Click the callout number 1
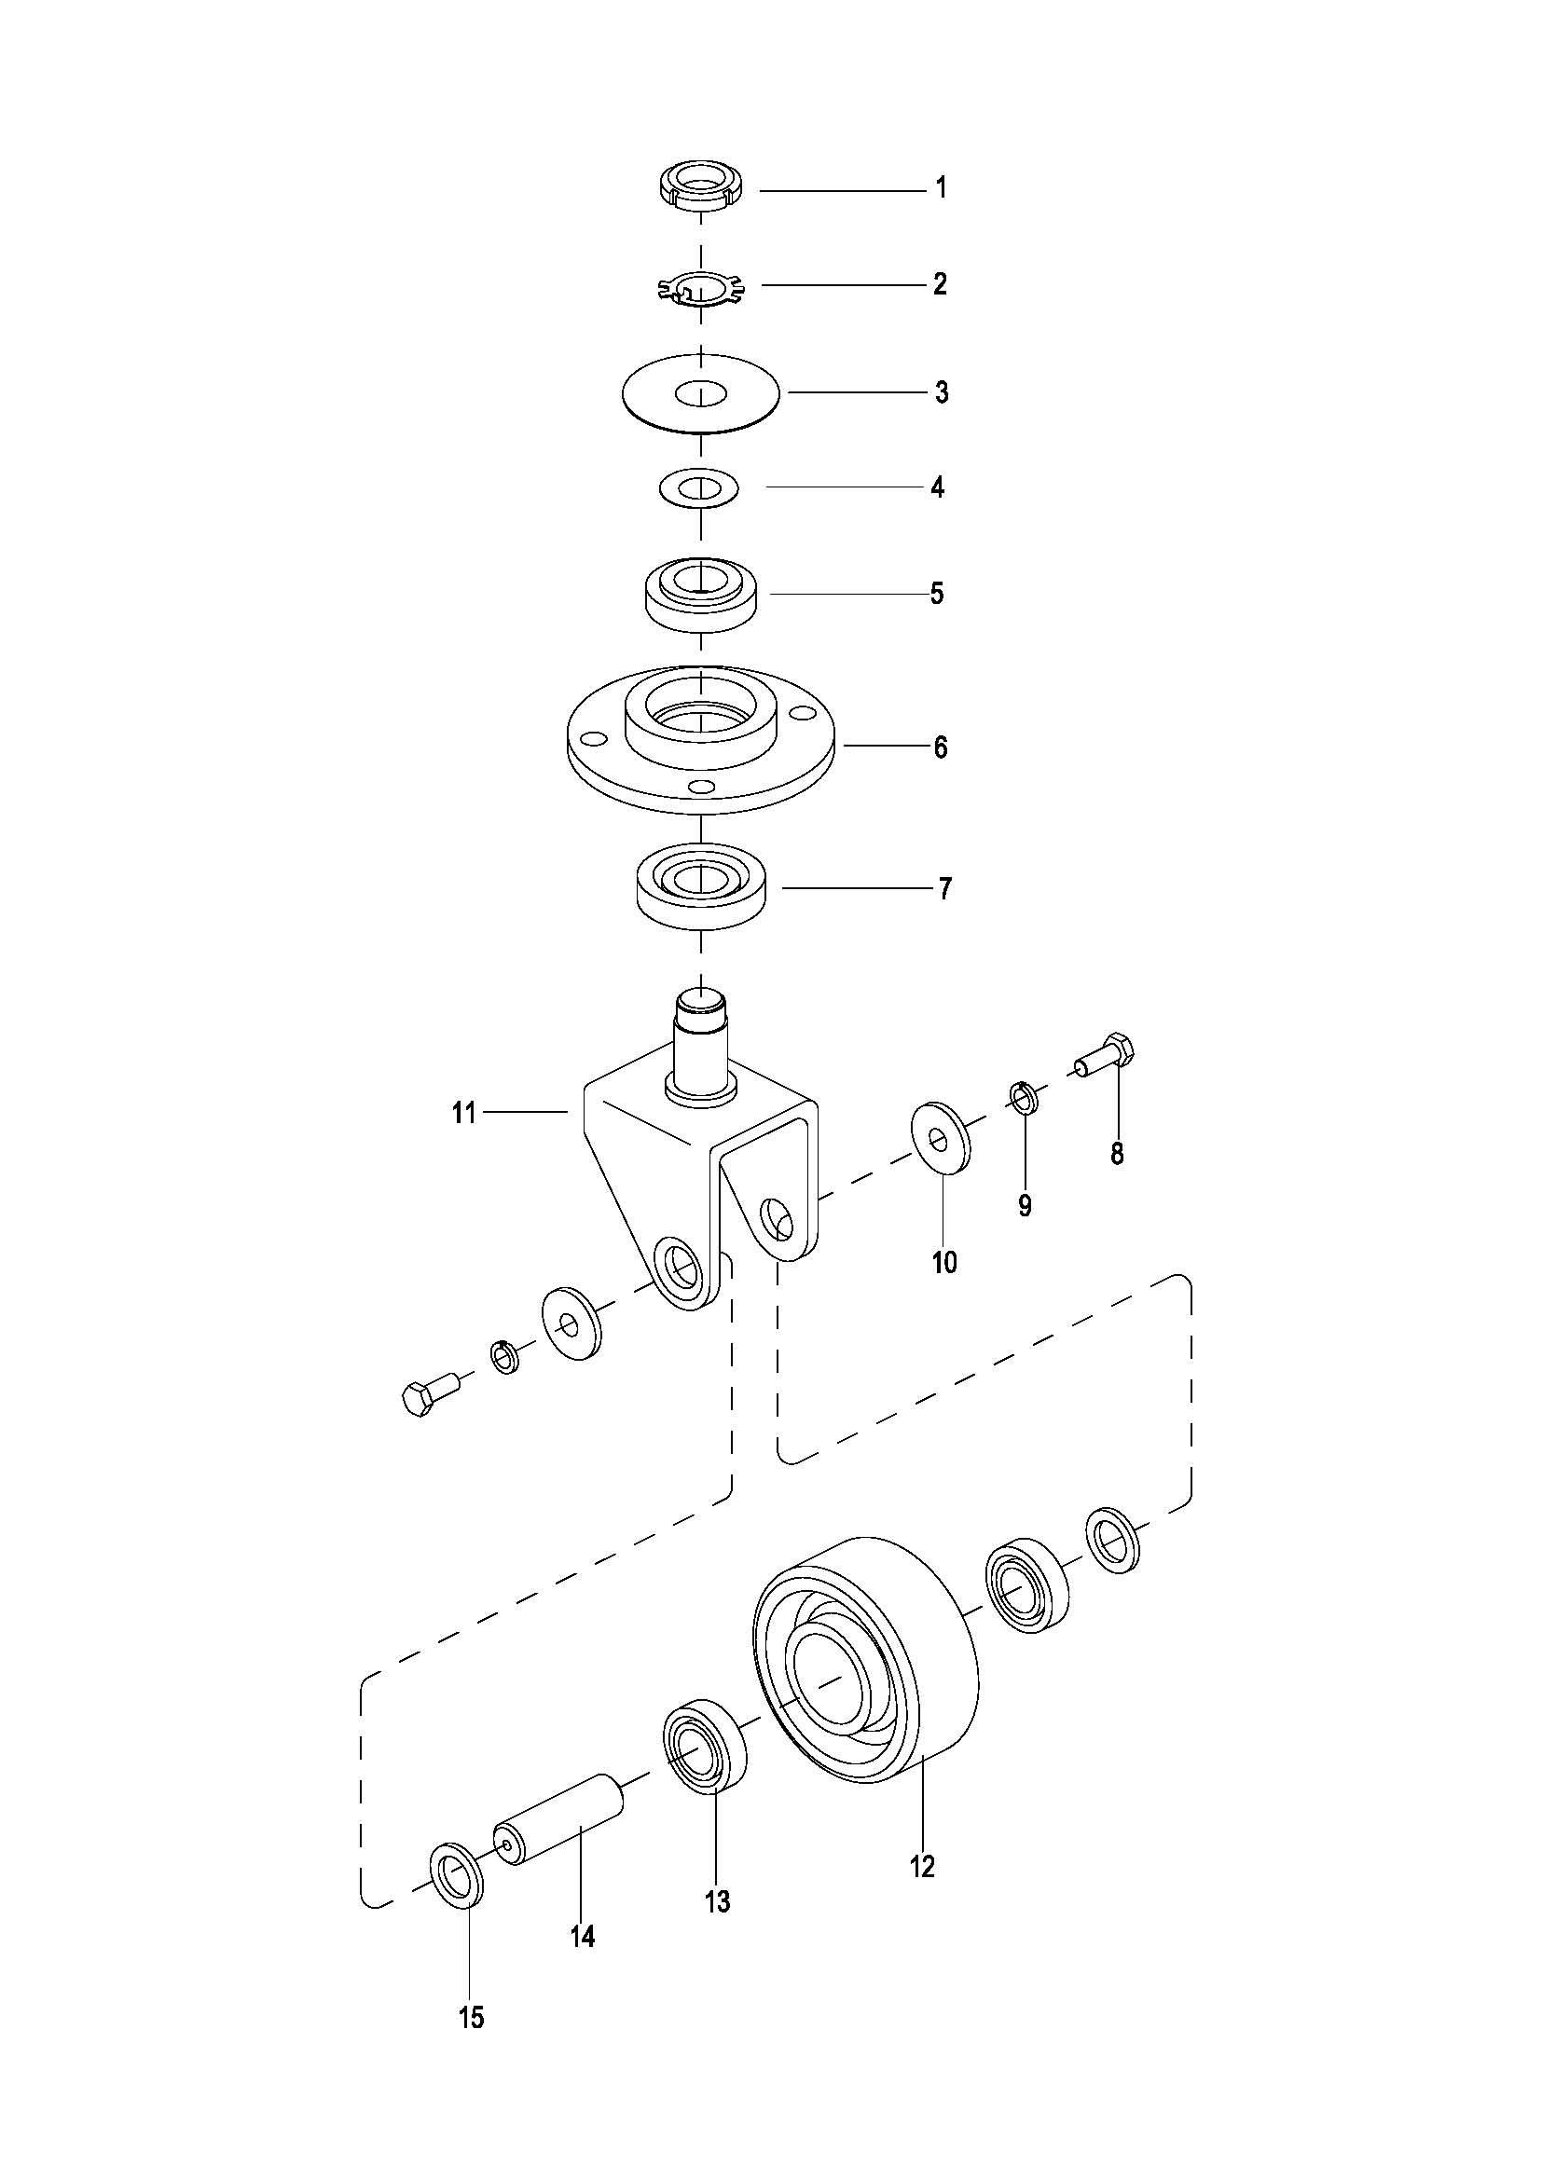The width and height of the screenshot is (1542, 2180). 941,188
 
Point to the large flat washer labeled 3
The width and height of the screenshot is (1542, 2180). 701,393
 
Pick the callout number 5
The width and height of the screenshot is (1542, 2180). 937,595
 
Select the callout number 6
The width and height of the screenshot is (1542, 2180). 940,747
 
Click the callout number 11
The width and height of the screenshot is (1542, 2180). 463,1112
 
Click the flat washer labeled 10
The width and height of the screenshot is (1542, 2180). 941,1135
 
